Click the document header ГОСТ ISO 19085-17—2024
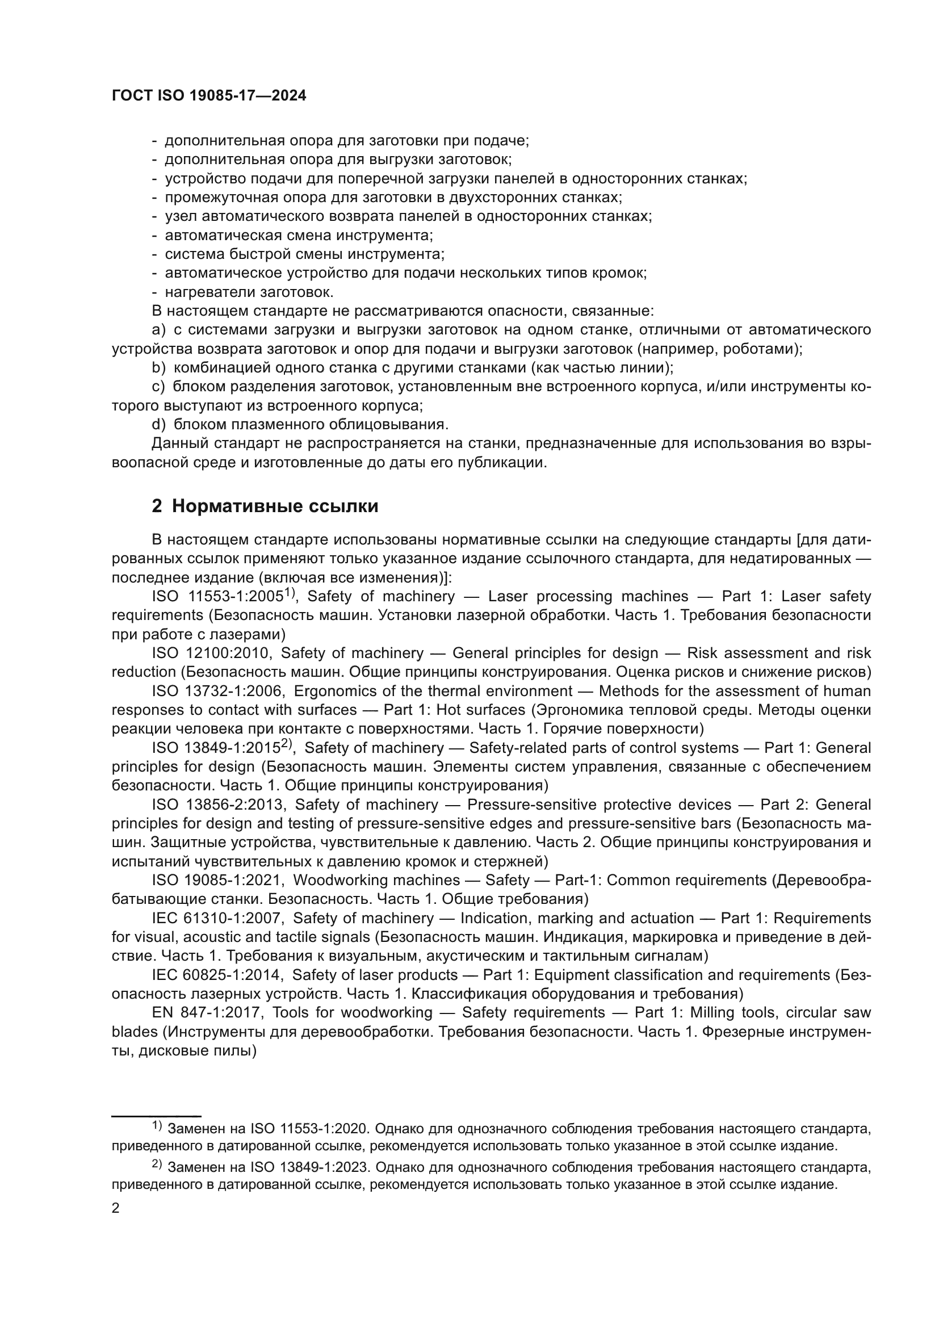point(209,96)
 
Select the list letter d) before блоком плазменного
point(158,425)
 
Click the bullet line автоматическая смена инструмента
point(299,236)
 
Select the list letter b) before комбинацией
point(158,368)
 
